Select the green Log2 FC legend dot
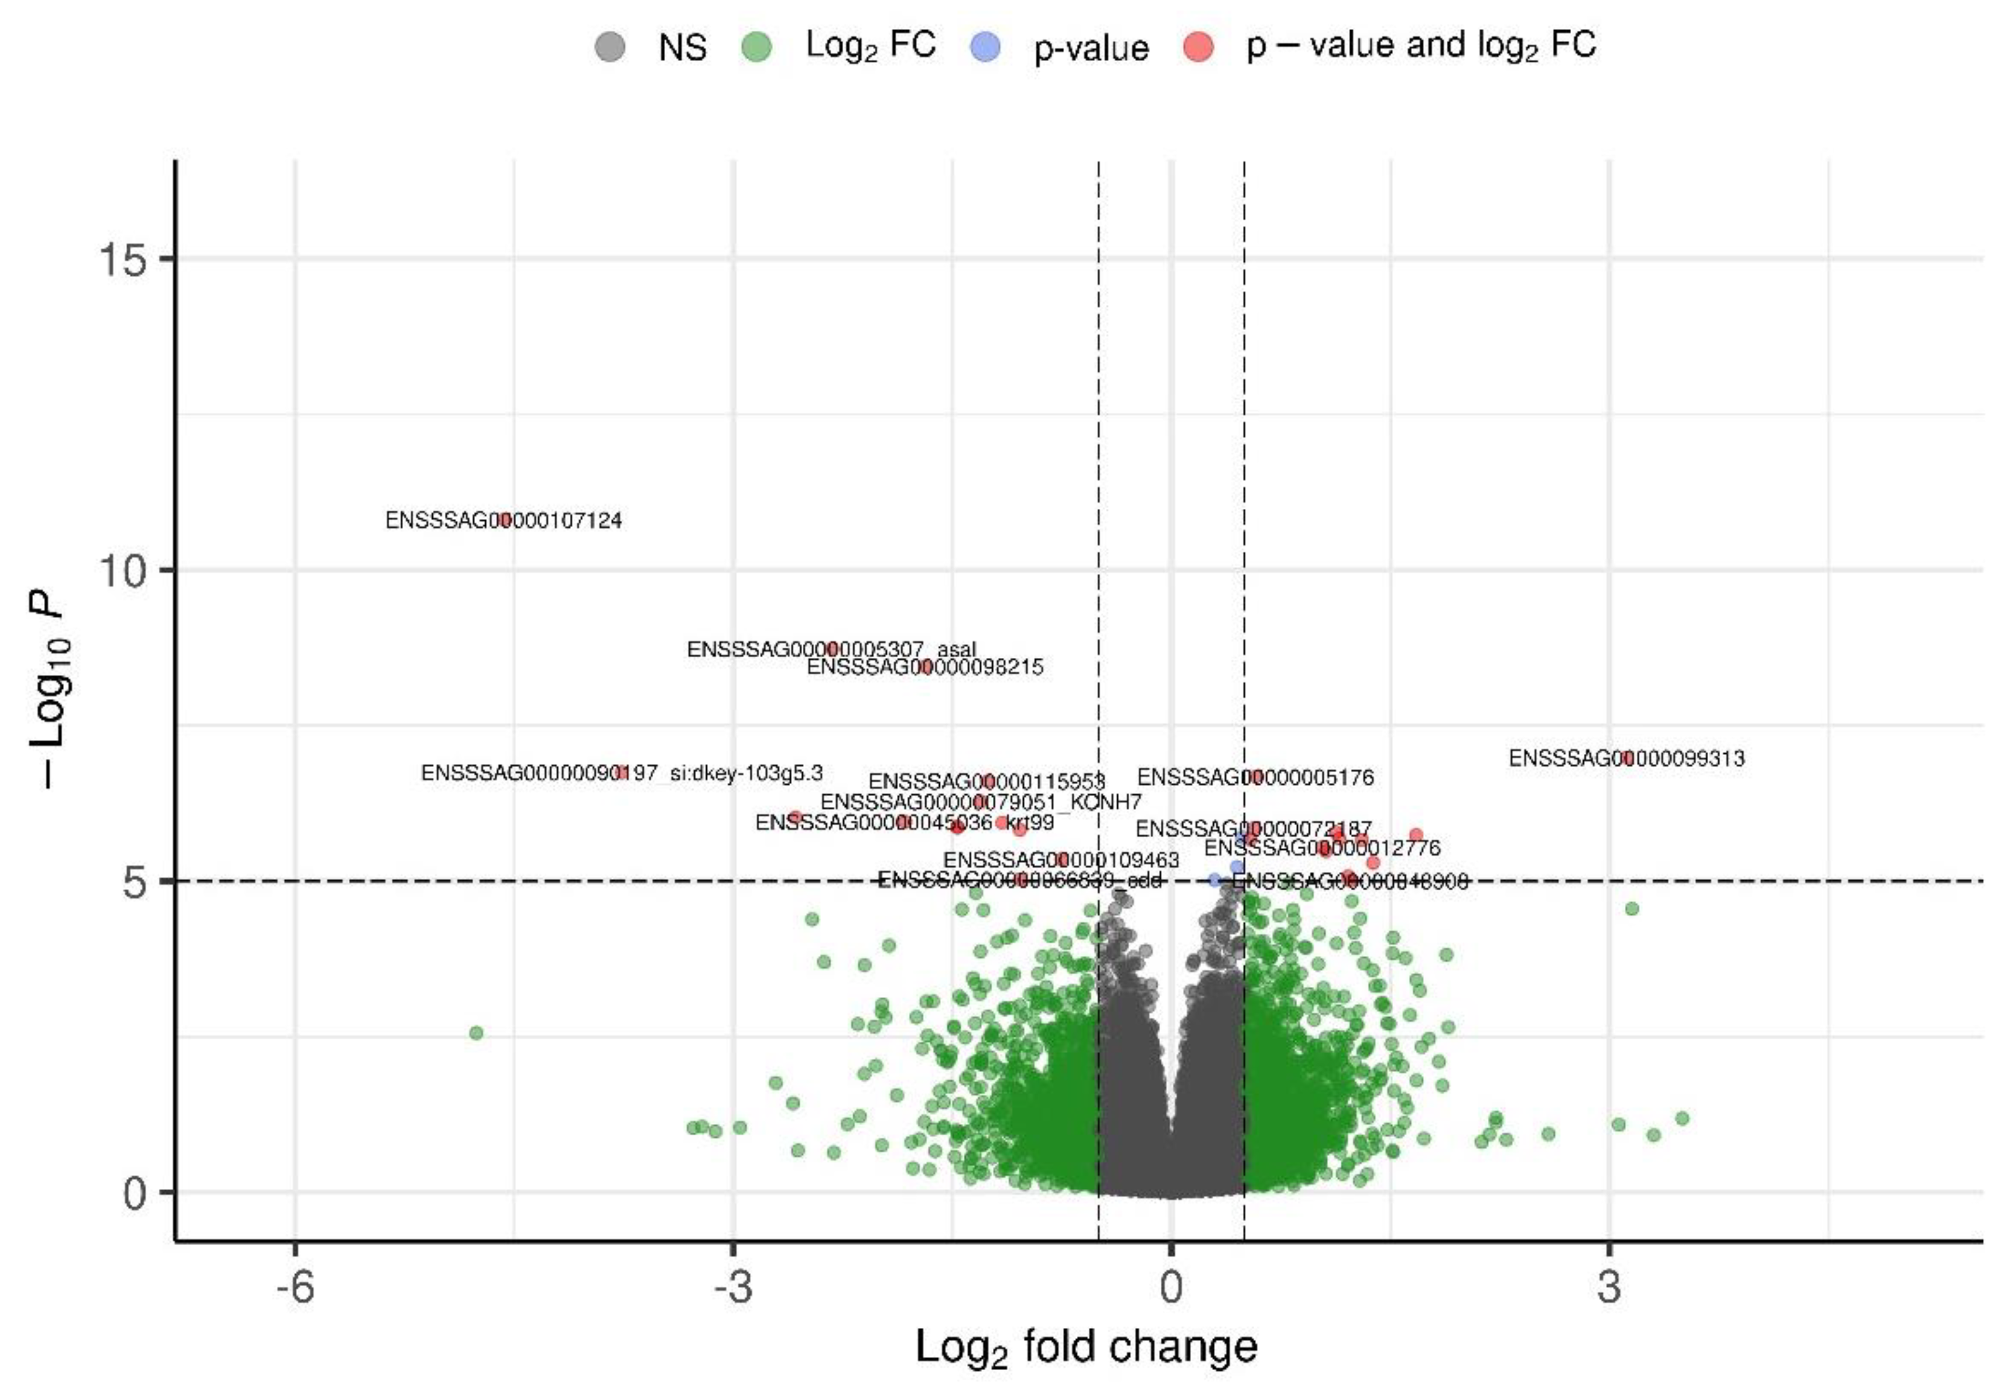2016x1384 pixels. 756,46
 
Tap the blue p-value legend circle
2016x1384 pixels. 984,46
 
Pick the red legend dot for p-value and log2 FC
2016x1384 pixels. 1198,46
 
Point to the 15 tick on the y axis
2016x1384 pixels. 123,258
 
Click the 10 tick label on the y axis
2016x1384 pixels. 123,570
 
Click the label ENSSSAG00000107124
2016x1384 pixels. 503,521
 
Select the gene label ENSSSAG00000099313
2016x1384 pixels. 1627,758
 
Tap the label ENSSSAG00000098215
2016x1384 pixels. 925,668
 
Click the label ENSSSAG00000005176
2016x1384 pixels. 1255,777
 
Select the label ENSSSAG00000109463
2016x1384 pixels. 1061,860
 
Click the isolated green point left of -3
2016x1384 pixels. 476,1033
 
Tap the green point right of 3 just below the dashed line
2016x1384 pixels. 1632,908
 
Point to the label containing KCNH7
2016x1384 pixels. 980,802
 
